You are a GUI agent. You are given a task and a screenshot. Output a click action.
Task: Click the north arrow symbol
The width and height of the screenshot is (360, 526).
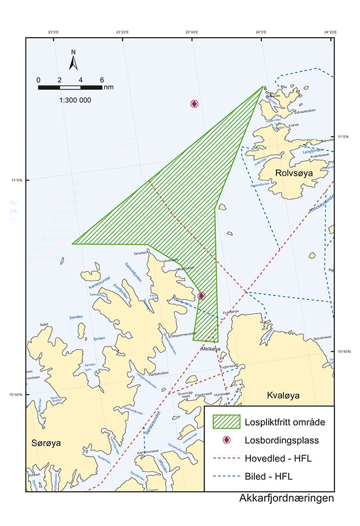(74, 60)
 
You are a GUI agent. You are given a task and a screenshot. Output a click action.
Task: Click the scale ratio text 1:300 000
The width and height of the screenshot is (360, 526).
(75, 100)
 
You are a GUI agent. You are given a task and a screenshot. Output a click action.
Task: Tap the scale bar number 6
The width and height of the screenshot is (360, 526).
(102, 80)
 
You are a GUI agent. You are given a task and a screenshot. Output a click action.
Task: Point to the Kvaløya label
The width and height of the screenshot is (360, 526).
(283, 395)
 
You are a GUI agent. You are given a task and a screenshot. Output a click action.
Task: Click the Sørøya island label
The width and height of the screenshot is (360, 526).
(46, 443)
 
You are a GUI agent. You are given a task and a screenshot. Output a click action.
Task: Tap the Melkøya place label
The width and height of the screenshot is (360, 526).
(211, 348)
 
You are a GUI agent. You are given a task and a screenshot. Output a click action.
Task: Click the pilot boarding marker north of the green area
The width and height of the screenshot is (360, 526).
(195, 104)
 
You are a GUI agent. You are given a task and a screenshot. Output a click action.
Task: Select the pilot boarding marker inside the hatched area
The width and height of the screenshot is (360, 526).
(201, 296)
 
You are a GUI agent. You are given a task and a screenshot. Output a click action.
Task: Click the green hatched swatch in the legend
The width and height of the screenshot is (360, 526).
(226, 421)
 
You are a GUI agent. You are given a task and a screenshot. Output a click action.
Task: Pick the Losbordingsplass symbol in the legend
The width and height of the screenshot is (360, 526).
(226, 441)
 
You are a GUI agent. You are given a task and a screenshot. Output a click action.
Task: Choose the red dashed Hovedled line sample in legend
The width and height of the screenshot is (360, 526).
(226, 459)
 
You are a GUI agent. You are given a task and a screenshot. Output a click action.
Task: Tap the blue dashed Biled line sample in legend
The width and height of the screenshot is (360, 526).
(226, 477)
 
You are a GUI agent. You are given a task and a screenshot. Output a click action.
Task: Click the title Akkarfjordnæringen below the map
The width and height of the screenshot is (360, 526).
(286, 498)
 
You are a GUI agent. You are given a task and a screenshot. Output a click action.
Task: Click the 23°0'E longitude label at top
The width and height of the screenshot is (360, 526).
(55, 33)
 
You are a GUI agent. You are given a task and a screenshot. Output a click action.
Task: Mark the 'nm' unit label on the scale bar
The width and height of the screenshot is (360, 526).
(109, 87)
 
